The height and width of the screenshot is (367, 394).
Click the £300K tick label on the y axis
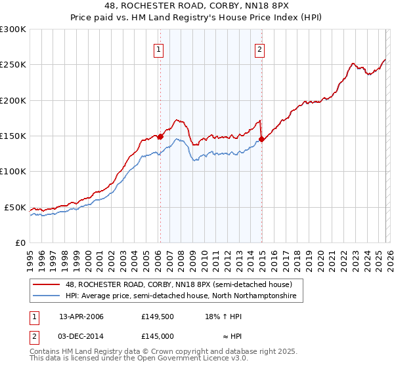point(13,29)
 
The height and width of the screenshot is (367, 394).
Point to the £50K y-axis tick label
point(15,207)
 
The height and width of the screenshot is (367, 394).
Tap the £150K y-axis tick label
point(13,136)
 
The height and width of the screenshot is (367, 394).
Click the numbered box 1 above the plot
point(160,49)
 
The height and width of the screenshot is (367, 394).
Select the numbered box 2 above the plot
point(260,49)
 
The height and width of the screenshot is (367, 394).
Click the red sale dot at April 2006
point(160,136)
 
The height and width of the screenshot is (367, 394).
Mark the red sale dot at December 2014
point(262,139)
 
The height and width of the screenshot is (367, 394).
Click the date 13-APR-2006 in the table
point(81,317)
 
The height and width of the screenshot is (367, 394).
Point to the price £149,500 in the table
point(158,317)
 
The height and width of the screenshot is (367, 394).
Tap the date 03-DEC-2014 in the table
point(81,336)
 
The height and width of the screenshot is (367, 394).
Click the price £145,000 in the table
point(158,336)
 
